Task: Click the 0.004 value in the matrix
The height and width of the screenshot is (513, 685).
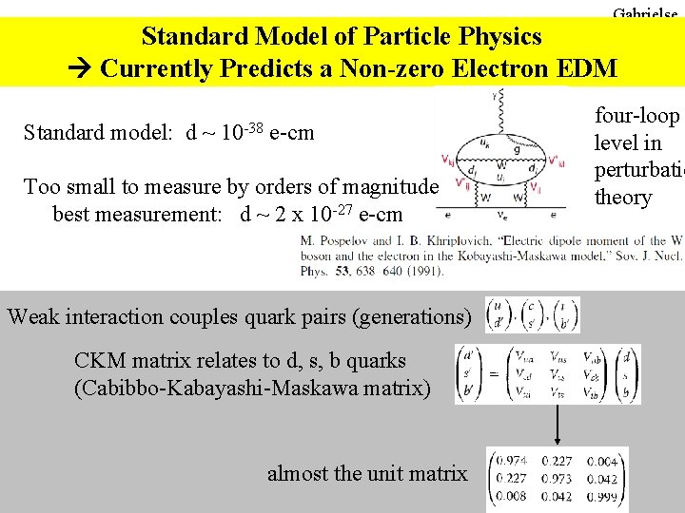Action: click(602, 462)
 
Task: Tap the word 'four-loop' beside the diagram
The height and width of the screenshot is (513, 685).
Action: click(636, 116)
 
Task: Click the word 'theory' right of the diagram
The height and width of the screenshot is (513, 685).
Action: click(623, 198)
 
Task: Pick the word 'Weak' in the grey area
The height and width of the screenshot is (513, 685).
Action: click(36, 316)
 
